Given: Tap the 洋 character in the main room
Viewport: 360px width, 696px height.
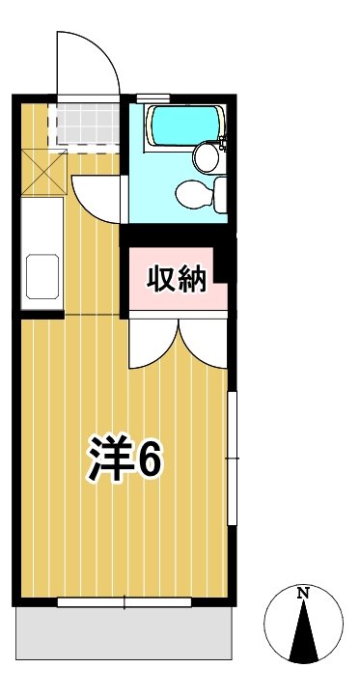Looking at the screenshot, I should pos(111,460).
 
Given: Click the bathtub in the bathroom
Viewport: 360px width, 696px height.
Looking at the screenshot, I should pos(185,126).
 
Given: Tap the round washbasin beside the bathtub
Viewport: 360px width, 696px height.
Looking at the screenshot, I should pos(205,155).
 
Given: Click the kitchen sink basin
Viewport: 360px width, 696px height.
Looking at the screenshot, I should pos(42,276).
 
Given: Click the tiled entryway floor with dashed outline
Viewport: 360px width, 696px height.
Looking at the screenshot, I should pos(84,124).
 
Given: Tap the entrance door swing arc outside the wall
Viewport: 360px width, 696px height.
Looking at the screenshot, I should pos(90,62).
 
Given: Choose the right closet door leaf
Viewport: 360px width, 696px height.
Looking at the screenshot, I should pos(204,343).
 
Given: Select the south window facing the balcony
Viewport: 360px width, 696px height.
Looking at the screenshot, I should pos(125,602).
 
